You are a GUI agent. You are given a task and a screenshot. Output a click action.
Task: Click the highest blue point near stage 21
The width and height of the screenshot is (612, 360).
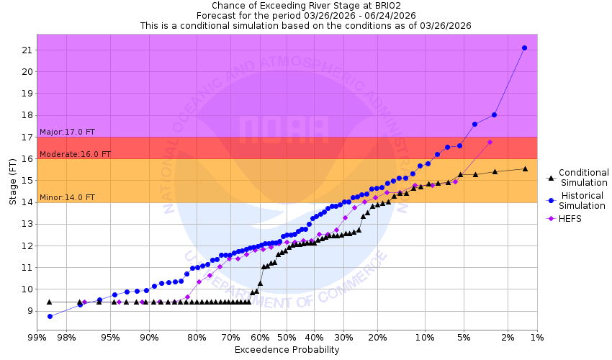[524, 48]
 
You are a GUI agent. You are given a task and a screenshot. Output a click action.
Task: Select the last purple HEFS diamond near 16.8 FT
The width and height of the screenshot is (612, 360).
[490, 143]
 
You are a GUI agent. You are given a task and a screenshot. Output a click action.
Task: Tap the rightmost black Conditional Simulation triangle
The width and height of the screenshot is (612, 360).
[525, 169]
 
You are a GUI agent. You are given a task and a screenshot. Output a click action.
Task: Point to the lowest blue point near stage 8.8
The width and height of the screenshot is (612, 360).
[50, 316]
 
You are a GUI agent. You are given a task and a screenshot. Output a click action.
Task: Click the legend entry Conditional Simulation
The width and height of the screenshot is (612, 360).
[583, 177]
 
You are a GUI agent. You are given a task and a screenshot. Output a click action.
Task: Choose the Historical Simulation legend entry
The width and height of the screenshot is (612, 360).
[583, 200]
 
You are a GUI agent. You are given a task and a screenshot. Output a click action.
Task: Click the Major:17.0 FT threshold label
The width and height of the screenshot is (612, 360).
[67, 132]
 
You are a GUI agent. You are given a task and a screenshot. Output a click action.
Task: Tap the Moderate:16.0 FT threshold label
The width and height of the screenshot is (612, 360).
[75, 154]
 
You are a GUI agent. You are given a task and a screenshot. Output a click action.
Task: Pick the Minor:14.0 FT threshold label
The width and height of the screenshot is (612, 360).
[67, 197]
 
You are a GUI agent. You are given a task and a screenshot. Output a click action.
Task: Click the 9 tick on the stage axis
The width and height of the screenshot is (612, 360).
[28, 311]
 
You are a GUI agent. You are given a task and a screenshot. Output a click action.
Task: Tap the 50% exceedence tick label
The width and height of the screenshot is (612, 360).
[287, 337]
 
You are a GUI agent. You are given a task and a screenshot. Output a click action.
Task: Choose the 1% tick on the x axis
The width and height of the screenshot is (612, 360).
[536, 337]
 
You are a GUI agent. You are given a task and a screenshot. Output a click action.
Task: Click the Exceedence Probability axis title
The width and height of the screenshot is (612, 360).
[287, 350]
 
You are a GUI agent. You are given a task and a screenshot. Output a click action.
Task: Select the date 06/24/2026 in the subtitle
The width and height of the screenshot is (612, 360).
[391, 15]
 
